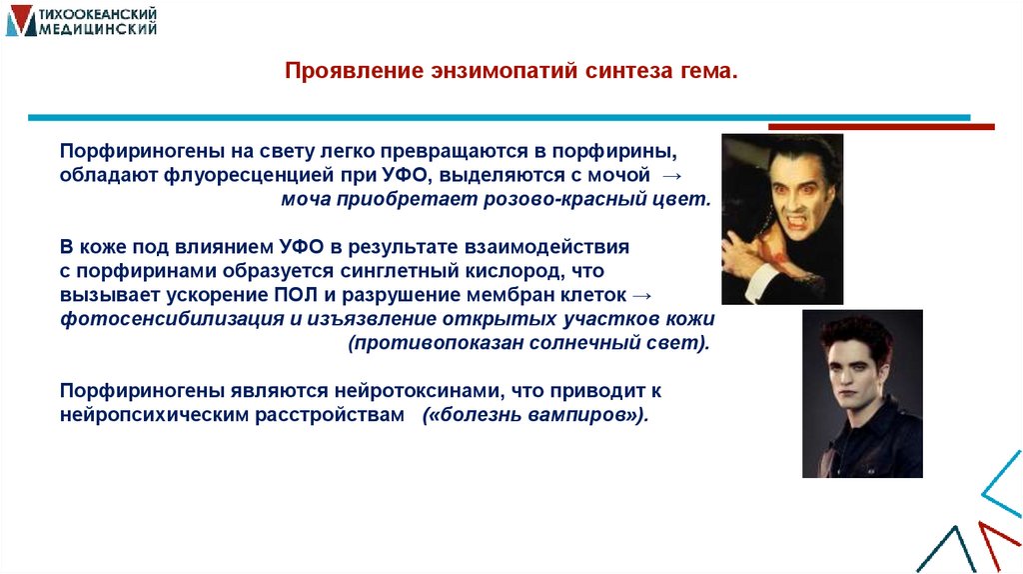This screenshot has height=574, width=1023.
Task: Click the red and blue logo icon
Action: [x=20, y=21]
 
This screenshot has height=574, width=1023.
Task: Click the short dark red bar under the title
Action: [x=880, y=127]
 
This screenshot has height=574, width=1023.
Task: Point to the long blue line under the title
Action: [x=499, y=118]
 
